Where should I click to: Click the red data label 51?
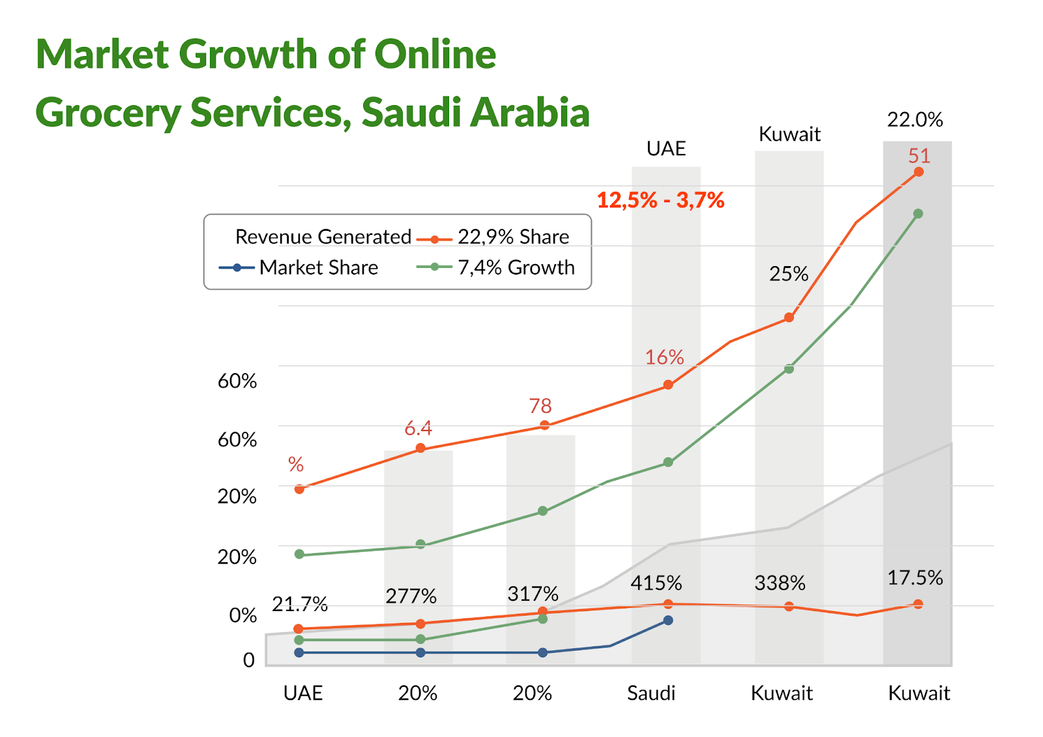[919, 156]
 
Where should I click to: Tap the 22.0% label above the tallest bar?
[915, 120]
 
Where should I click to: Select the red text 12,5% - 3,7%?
[660, 200]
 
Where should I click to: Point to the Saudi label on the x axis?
[651, 693]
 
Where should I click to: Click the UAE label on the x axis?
[302, 693]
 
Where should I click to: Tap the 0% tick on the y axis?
[242, 615]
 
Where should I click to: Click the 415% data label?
[656, 582]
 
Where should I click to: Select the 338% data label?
[780, 582]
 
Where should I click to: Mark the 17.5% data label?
[915, 578]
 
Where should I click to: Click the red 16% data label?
[664, 357]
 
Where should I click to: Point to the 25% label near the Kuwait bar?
[788, 274]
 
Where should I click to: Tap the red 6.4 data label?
[418, 429]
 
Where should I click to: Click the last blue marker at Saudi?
[668, 620]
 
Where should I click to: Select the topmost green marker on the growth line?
[918, 214]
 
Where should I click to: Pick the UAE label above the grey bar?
[666, 149]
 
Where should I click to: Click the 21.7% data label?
[299, 605]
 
